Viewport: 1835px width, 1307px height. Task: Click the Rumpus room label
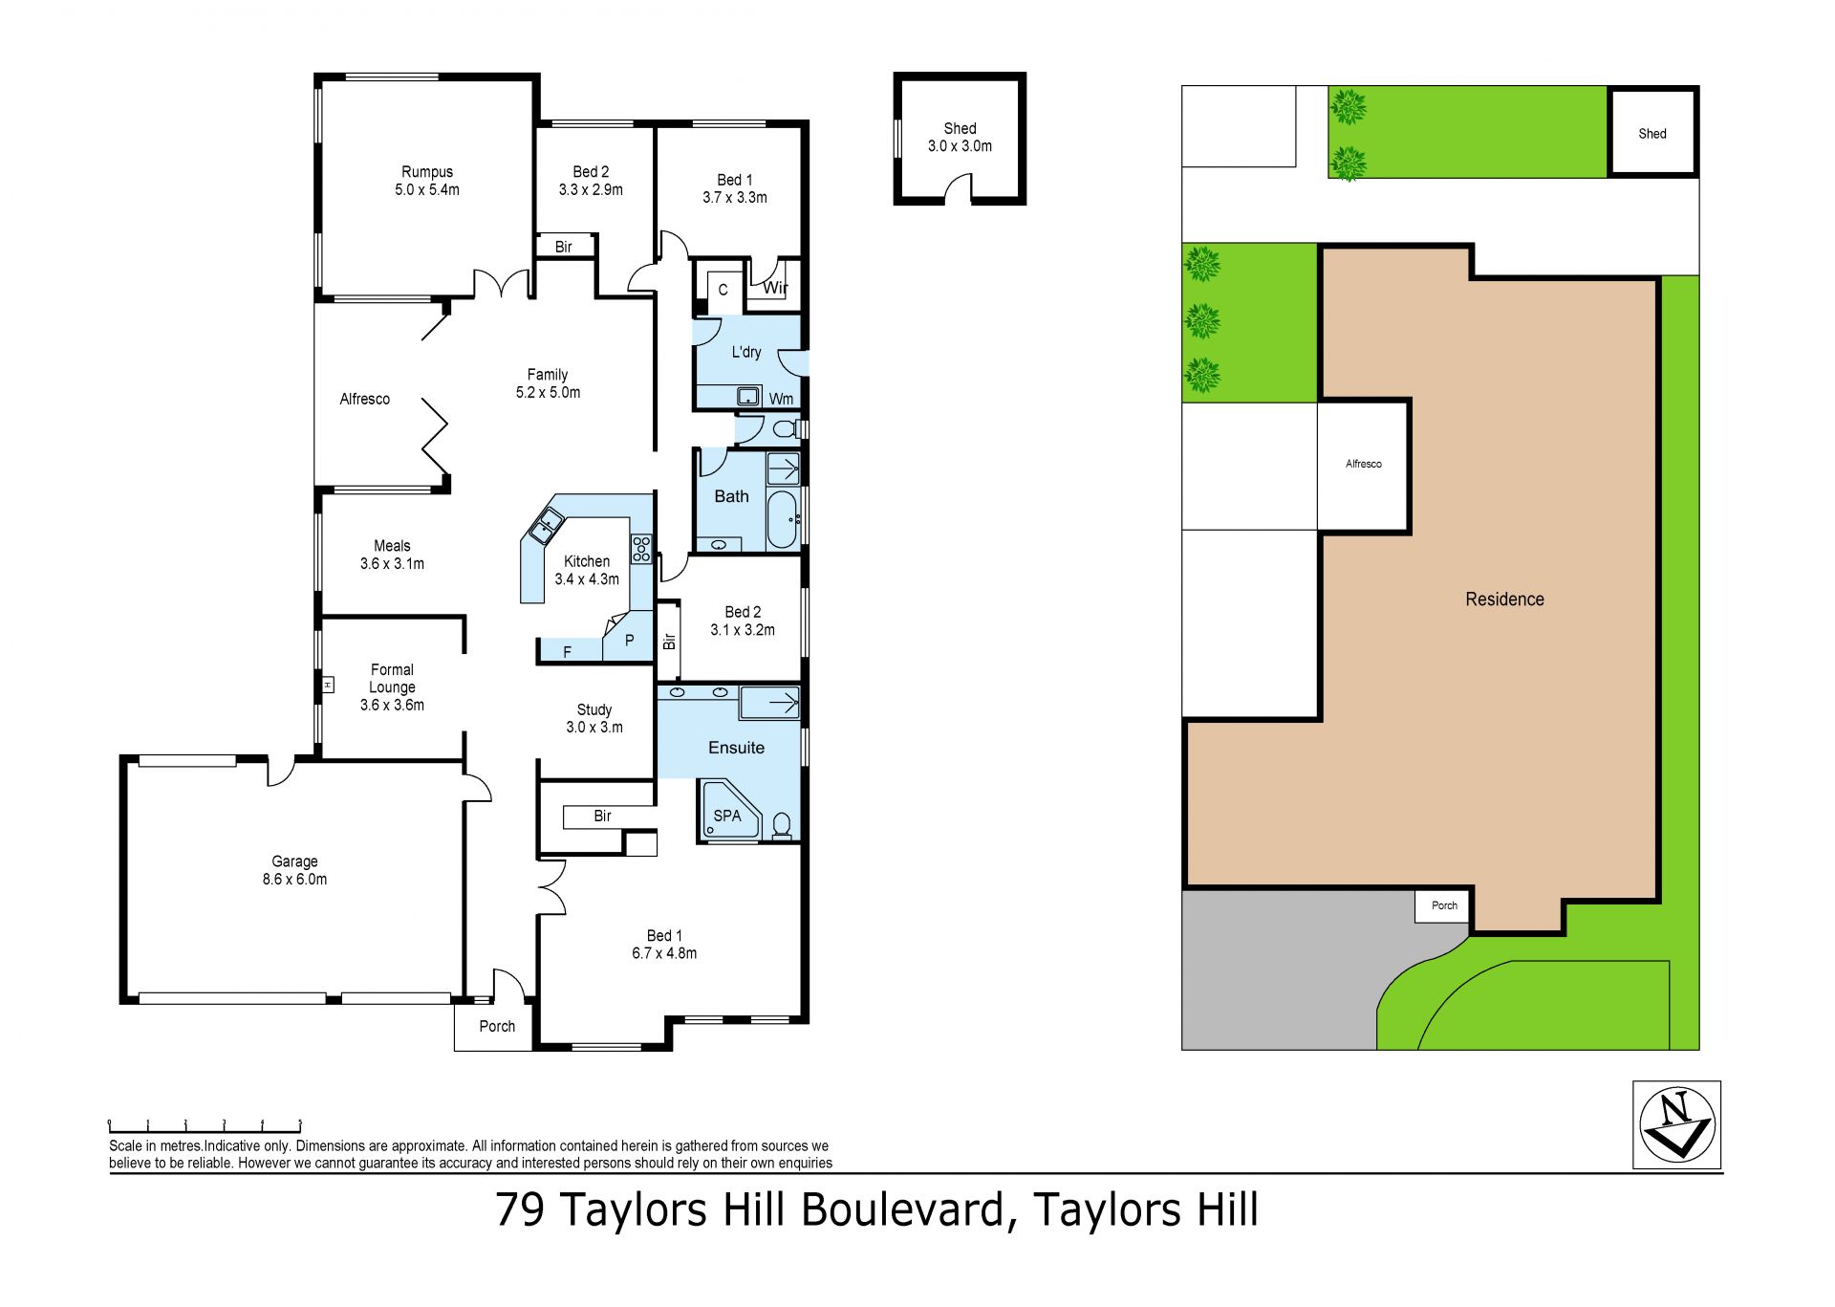pos(427,181)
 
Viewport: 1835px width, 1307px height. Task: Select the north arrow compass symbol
pos(1676,1124)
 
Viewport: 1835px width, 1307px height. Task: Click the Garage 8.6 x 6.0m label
pos(294,870)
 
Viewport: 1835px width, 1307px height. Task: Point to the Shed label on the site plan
pos(1652,134)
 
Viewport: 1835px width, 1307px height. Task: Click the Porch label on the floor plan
pos(497,1026)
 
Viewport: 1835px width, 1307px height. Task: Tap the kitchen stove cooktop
pos(640,549)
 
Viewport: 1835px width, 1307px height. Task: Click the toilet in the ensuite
pos(782,825)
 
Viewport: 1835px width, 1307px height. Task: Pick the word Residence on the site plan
pos(1504,599)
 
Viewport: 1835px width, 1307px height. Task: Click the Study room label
pos(594,718)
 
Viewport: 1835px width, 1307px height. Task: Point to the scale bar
pos(205,1125)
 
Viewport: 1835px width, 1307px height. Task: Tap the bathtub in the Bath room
pos(782,520)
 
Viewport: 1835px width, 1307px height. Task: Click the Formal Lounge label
pos(392,687)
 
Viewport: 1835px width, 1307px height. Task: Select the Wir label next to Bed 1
pos(775,288)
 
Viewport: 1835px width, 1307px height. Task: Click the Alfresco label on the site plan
pos(1364,464)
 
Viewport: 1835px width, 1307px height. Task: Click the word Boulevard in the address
pos(903,1209)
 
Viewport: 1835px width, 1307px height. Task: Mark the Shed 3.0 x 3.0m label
pos(960,137)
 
